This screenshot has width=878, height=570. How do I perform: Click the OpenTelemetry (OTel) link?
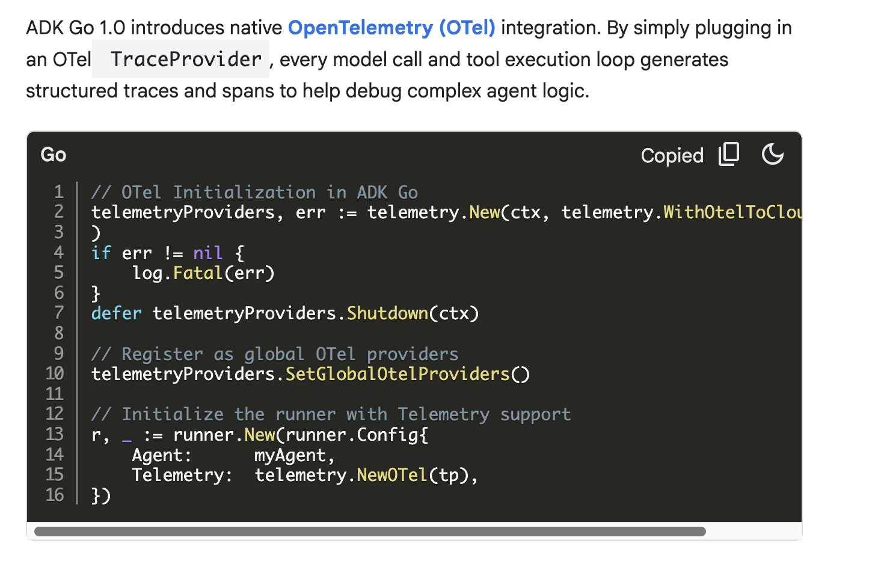coord(391,28)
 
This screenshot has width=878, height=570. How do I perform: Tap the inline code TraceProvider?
coord(186,60)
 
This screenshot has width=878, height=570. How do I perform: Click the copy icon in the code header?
coord(729,155)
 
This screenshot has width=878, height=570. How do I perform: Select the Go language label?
coord(54,155)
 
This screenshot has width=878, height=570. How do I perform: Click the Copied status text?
coord(672,156)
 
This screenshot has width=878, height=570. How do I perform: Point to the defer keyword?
coord(116,314)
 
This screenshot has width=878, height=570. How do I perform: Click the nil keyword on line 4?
coord(207,253)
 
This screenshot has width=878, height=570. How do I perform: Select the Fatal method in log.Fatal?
coord(198,274)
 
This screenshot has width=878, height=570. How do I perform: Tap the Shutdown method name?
coord(387,314)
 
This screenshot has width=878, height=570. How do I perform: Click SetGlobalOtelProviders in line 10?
coord(397,375)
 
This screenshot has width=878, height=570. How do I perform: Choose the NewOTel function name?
coord(392,476)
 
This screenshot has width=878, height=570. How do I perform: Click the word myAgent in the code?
coord(290,455)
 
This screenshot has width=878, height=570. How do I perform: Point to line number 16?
coord(55,495)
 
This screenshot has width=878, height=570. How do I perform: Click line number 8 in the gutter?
coord(59,333)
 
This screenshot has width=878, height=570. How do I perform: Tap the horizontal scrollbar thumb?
coord(370,532)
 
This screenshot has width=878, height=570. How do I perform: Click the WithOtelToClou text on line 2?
coord(732,213)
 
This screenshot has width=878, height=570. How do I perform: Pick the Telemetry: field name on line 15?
coord(182,476)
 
